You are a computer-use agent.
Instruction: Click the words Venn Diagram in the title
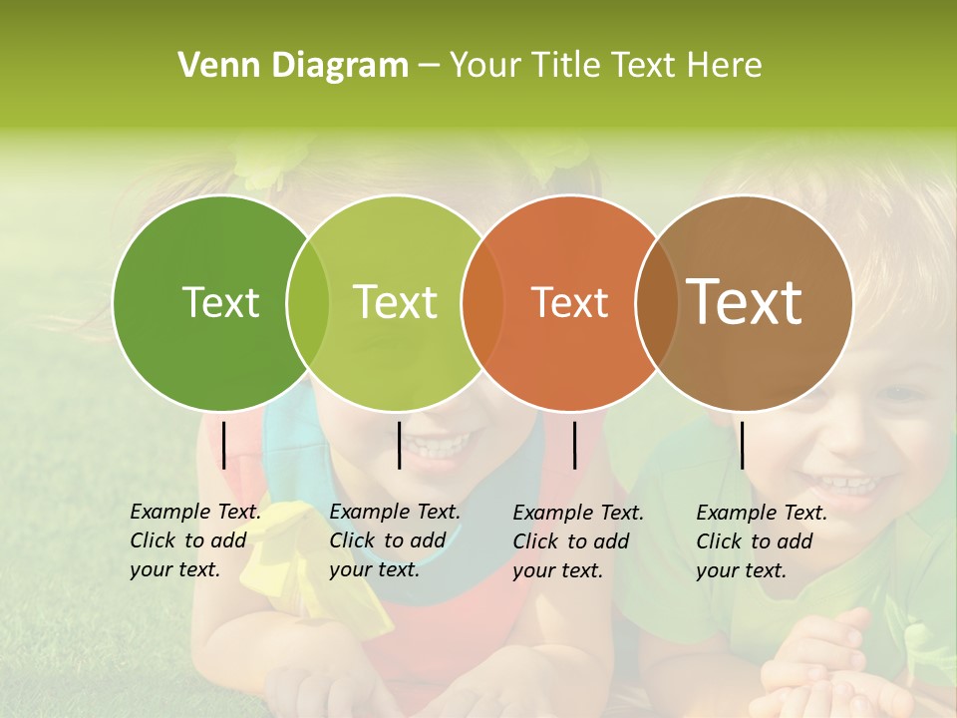point(293,66)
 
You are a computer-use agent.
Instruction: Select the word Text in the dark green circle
point(220,302)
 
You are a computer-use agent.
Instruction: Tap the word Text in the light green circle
point(395,302)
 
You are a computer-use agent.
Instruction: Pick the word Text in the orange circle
point(569,302)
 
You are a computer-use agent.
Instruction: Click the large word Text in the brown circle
point(745,302)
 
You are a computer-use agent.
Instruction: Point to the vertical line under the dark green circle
point(223,445)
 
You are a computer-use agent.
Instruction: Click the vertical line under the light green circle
point(399,445)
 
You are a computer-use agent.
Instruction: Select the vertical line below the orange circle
point(574,445)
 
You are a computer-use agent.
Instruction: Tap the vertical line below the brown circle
point(742,445)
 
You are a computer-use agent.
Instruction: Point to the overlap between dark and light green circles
point(308,302)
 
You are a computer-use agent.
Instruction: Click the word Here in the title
point(725,66)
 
